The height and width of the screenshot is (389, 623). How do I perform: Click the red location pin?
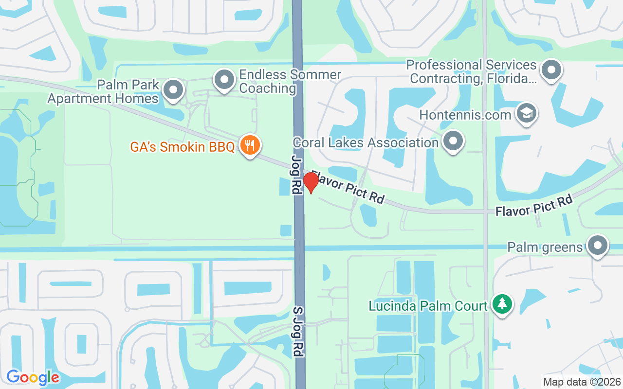click(x=311, y=182)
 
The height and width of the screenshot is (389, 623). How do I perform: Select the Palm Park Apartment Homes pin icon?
click(x=173, y=90)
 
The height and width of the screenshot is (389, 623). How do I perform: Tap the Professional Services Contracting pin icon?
click(x=551, y=70)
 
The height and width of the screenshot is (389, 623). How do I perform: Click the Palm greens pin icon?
click(x=598, y=246)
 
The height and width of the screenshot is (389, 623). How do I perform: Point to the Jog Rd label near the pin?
click(x=296, y=175)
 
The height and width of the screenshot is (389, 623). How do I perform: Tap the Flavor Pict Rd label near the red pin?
click(x=348, y=187)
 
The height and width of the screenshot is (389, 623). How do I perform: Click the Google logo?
click(x=33, y=377)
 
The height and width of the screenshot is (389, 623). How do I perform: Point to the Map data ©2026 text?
click(x=582, y=382)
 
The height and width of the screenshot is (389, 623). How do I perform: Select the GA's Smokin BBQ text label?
click(x=183, y=147)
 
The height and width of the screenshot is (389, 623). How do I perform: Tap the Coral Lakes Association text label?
click(x=366, y=142)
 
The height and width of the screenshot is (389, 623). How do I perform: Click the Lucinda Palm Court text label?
click(x=428, y=306)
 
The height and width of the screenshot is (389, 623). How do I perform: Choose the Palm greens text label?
click(x=545, y=248)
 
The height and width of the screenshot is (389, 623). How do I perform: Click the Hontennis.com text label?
click(x=465, y=115)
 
